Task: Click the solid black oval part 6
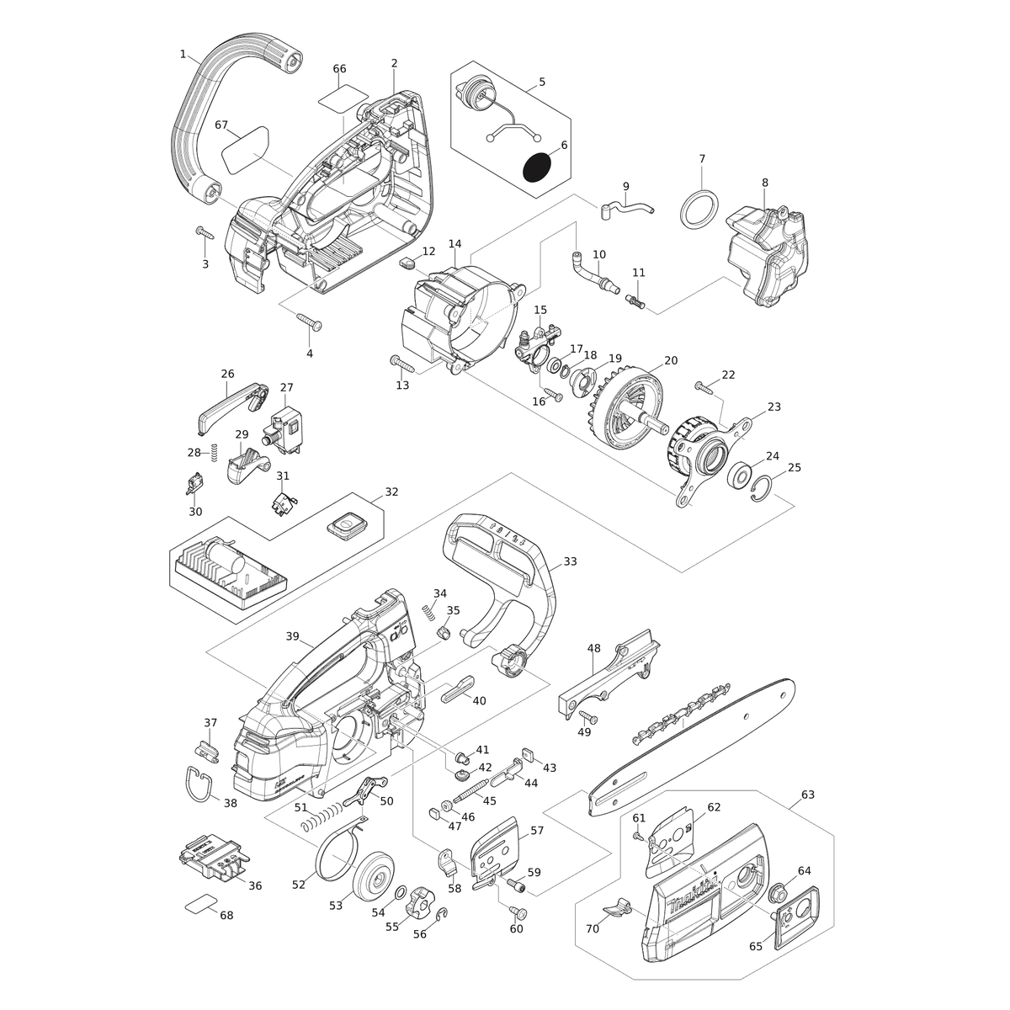[537, 167]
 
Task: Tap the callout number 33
[570, 561]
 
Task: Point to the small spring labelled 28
[213, 452]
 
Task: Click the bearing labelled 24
[741, 476]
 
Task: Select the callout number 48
[593, 648]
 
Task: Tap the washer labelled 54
[399, 891]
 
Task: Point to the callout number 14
[455, 244]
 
